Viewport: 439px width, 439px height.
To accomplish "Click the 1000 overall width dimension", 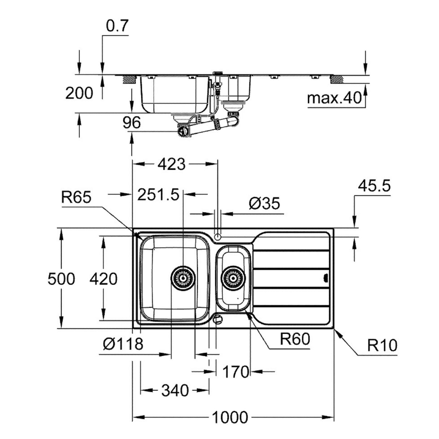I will [230, 418].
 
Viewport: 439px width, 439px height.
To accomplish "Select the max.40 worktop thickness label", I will [334, 98].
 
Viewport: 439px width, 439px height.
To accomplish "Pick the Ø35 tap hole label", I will [264, 204].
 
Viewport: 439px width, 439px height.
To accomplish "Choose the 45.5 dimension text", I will [374, 186].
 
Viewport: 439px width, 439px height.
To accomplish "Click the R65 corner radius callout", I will [76, 197].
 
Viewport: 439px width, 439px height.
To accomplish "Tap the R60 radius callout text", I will [295, 339].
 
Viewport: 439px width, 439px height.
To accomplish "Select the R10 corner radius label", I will [382, 346].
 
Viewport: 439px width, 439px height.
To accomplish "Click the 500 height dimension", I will [61, 279].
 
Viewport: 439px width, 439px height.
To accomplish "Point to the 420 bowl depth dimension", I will [103, 279].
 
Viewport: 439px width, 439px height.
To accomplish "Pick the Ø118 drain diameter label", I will [123, 344].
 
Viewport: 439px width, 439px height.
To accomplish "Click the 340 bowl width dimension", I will [175, 390].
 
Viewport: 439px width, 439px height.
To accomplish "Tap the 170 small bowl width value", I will [235, 371].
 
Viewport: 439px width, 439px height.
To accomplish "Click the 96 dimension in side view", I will [131, 123].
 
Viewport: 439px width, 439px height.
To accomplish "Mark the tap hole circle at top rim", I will [218, 236].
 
